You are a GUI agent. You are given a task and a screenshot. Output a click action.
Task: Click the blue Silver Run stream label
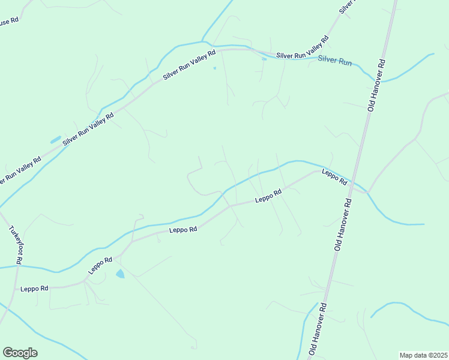(x=334, y=60)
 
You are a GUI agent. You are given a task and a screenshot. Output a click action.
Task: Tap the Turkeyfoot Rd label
(x=16, y=245)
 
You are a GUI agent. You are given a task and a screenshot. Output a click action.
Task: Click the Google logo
(x=20, y=353)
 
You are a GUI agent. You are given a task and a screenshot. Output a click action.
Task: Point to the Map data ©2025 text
(x=423, y=355)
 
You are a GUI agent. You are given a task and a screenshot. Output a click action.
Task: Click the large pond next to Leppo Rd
(x=120, y=274)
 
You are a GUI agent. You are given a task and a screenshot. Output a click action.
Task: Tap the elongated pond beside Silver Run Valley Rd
(x=55, y=140)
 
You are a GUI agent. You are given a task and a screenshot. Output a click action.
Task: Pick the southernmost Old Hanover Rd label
(x=317, y=329)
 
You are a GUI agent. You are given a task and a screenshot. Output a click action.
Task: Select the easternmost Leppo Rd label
(x=334, y=177)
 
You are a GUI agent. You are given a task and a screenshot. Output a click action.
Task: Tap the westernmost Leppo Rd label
(x=34, y=289)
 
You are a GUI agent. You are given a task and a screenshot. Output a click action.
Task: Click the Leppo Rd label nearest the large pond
(x=100, y=265)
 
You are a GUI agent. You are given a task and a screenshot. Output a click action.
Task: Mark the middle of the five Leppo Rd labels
(x=183, y=229)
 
